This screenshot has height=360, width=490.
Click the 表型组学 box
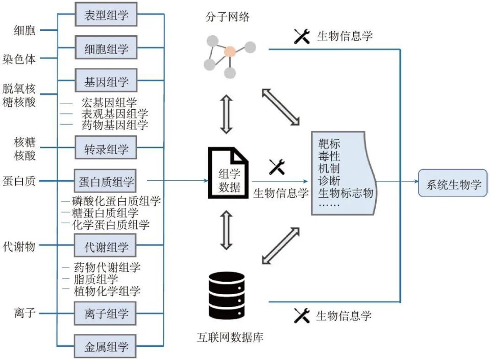pos(106,14)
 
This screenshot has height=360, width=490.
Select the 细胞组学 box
pos(106,47)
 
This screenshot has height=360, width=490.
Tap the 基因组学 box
pos(106,81)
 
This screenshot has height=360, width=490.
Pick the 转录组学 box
pos(106,148)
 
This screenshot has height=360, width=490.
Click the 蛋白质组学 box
pos(105,181)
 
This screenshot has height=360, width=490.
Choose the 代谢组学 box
pos(105,246)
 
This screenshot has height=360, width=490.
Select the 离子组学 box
pos(105,313)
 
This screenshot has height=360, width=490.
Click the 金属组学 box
pos(105,346)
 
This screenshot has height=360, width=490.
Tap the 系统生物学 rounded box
pos(453,183)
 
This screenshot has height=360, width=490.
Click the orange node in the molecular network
pos(230,52)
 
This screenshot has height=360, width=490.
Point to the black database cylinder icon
pos(227,295)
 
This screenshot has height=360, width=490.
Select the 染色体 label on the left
pos(19,59)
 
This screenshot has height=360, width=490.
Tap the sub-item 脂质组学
pos(96,279)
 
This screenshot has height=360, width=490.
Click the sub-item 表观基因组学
pos(115,113)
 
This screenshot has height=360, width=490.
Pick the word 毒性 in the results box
pos(329,156)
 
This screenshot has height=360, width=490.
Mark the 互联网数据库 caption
pos(230,337)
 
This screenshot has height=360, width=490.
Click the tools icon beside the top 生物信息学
pos(302,36)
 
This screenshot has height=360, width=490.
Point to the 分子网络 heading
pos(228,16)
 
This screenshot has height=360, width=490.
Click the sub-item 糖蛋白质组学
pos(105,213)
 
